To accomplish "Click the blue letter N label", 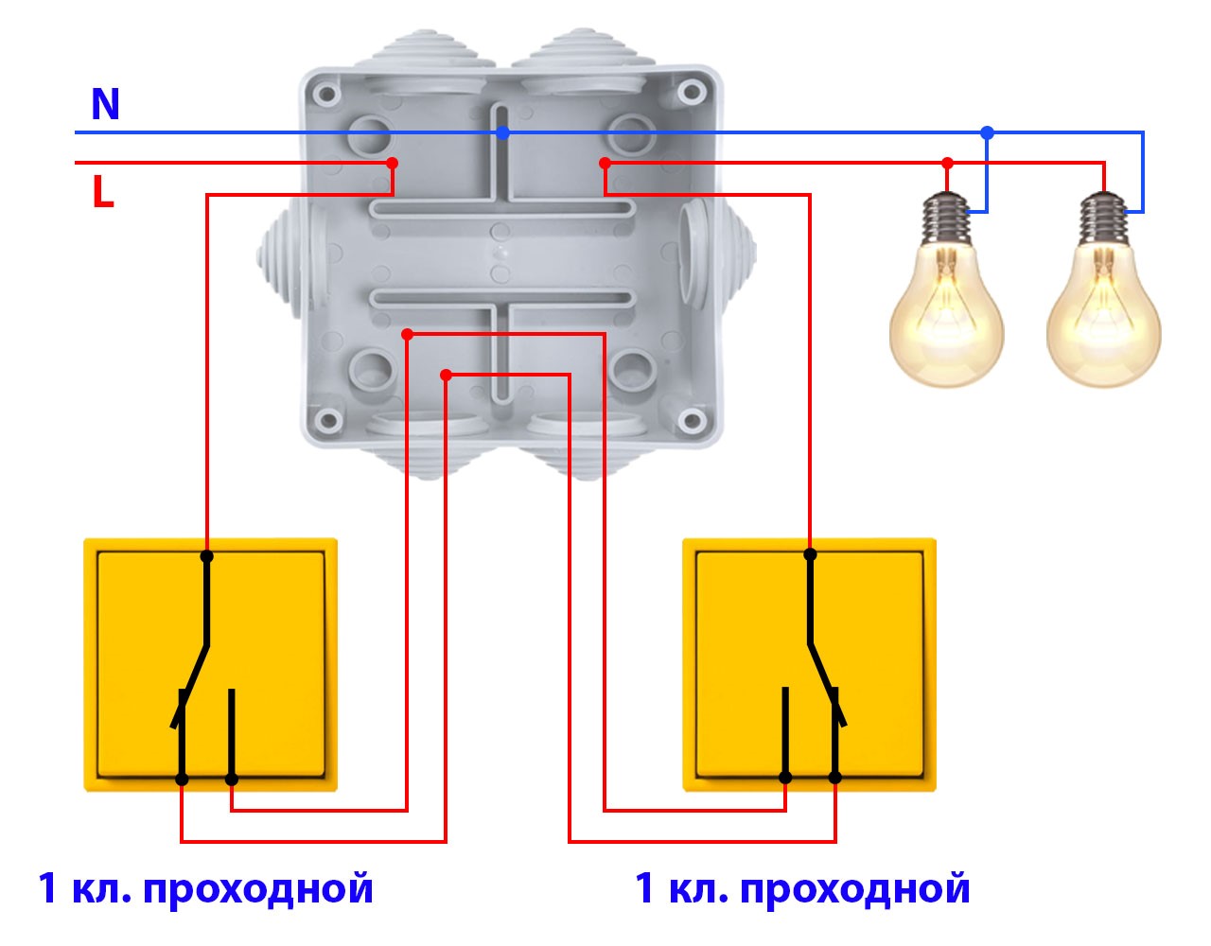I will pyautogui.click(x=105, y=104).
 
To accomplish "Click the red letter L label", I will pyautogui.click(x=103, y=192).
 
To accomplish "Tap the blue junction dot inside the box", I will pyautogui.click(x=503, y=133).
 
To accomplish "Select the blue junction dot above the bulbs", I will pyautogui.click(x=988, y=132).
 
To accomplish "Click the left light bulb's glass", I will pyautogui.click(x=946, y=317).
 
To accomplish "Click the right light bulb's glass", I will pyautogui.click(x=1103, y=317).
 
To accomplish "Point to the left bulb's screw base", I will pyautogui.click(x=947, y=216).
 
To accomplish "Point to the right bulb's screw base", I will pyautogui.click(x=1103, y=216).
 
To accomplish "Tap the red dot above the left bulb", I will pyautogui.click(x=948, y=164).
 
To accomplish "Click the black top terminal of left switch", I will pyautogui.click(x=207, y=556).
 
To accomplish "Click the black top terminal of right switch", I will pyautogui.click(x=810, y=554).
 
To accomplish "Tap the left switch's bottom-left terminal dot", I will pyautogui.click(x=182, y=780).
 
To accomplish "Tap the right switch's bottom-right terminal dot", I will pyautogui.click(x=835, y=778).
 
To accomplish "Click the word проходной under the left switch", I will pyautogui.click(x=259, y=889).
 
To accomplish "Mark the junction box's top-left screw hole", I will pyautogui.click(x=327, y=95).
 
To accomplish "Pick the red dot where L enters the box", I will pyautogui.click(x=393, y=164).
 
